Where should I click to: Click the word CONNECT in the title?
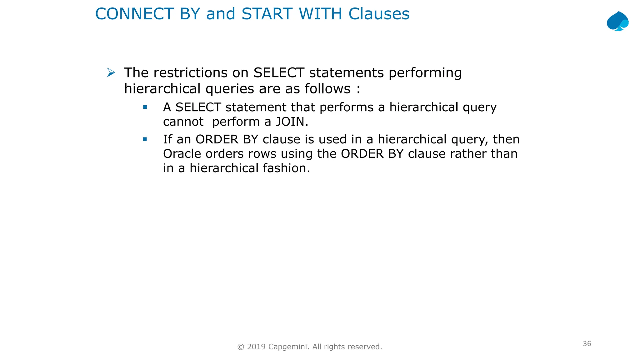tap(134, 14)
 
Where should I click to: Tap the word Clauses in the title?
tap(379, 14)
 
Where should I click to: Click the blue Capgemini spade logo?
tap(617, 21)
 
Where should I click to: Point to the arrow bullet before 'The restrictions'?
tap(111, 73)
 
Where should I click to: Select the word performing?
tap(425, 73)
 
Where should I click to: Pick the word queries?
tap(230, 89)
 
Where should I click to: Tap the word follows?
tap(327, 89)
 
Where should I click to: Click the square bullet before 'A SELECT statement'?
tap(145, 107)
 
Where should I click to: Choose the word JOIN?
tap(290, 122)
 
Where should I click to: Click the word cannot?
tap(183, 122)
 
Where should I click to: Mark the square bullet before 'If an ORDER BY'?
tap(145, 139)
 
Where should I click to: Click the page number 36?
tap(587, 344)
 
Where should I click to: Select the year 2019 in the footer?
tap(256, 347)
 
